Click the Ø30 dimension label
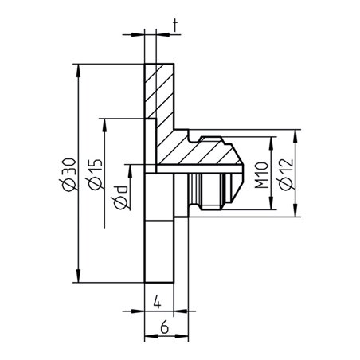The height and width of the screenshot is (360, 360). pos(69,174)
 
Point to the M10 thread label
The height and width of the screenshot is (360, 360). pos(261,175)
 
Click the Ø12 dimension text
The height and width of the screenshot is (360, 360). pos(286,174)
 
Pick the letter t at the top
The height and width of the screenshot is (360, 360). pos(175,26)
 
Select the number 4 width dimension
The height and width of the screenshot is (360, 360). pos(158,303)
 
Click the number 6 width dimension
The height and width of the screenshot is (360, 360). pos(165,327)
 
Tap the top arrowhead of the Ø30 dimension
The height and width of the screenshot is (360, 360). pos(78,71)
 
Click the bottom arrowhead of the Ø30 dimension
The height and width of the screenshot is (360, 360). pos(78,276)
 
